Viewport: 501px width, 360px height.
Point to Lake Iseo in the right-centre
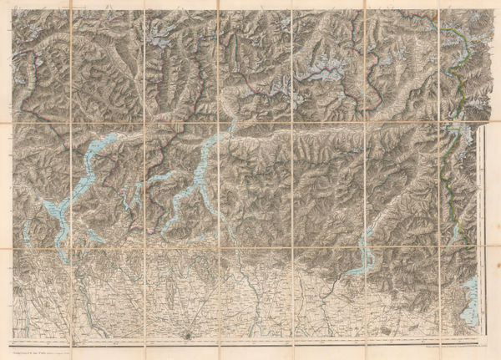coord(361,251)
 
